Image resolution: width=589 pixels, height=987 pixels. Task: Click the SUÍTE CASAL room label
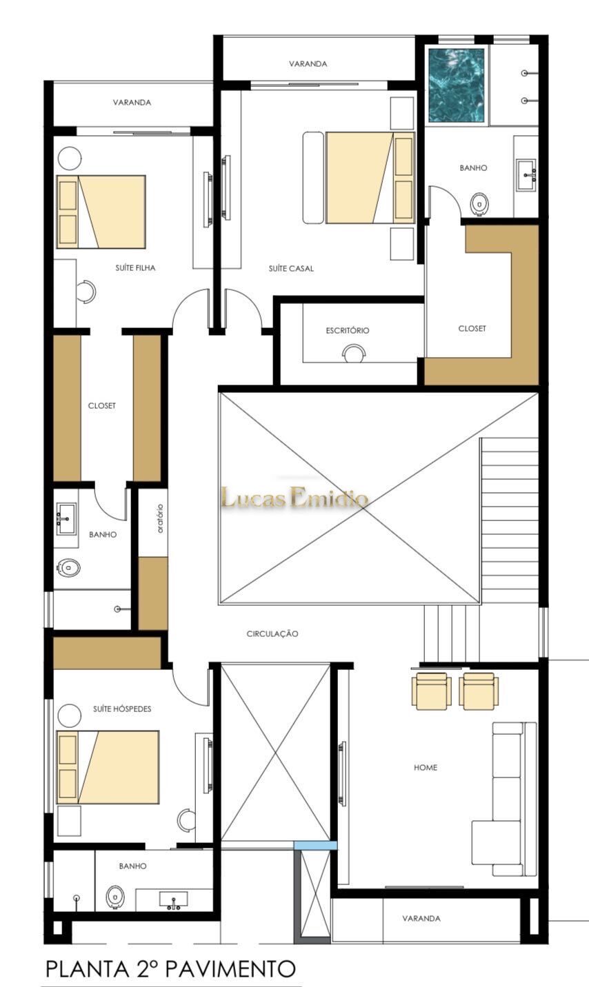click(x=292, y=268)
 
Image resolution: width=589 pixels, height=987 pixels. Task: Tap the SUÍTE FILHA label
click(x=135, y=267)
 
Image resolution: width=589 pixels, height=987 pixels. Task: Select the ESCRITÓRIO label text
click(x=348, y=330)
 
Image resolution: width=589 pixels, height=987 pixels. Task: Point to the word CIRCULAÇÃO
click(x=272, y=633)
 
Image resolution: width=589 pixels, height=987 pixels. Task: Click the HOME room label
click(x=426, y=767)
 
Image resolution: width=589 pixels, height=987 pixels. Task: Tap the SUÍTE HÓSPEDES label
click(x=122, y=709)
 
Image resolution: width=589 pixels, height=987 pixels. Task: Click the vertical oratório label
click(x=160, y=518)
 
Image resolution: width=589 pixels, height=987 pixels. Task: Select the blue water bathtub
click(x=457, y=85)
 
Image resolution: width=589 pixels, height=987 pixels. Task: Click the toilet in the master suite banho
click(x=479, y=203)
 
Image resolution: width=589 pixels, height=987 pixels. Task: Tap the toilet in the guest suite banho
click(x=114, y=897)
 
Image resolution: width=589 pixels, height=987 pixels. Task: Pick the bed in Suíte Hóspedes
click(x=108, y=767)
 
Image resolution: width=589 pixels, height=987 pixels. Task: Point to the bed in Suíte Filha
click(x=101, y=212)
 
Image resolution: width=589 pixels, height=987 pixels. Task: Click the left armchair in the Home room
click(x=432, y=691)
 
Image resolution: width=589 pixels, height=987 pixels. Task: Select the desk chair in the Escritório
click(x=354, y=353)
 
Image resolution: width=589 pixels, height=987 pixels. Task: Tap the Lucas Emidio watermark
click(x=294, y=498)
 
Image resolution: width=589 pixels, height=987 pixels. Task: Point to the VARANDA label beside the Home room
click(x=421, y=918)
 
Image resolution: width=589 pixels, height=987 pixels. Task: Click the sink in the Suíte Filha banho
click(x=66, y=518)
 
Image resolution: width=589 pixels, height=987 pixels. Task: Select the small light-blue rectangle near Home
click(x=316, y=846)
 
